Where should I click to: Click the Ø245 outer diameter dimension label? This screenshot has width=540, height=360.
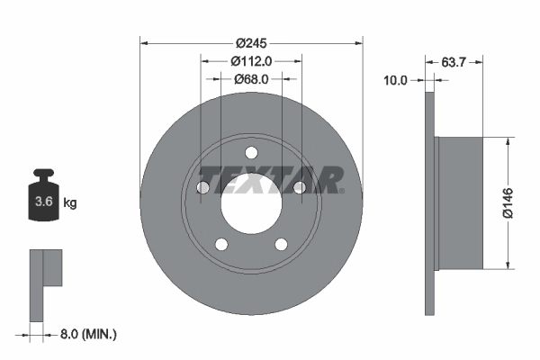pos(252,42)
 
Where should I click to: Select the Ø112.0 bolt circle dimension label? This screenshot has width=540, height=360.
pos(252,61)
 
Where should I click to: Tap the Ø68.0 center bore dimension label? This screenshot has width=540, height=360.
pos(252,79)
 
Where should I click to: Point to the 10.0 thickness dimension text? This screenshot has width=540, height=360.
pos(396,79)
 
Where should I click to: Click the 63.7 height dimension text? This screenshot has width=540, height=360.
pos(454,61)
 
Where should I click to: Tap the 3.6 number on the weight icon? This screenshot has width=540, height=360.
pos(42,202)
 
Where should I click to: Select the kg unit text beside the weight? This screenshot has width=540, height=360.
pos(70,202)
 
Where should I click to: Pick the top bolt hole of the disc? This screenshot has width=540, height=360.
pos(252,150)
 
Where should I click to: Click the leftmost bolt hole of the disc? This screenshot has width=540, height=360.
pos(203,187)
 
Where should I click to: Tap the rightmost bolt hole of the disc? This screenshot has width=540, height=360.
pos(301,187)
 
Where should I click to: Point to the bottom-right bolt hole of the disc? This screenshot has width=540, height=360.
pos(282,243)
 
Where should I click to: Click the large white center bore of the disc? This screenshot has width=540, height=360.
pos(252,202)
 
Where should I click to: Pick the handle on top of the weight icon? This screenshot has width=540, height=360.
pos(42,173)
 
